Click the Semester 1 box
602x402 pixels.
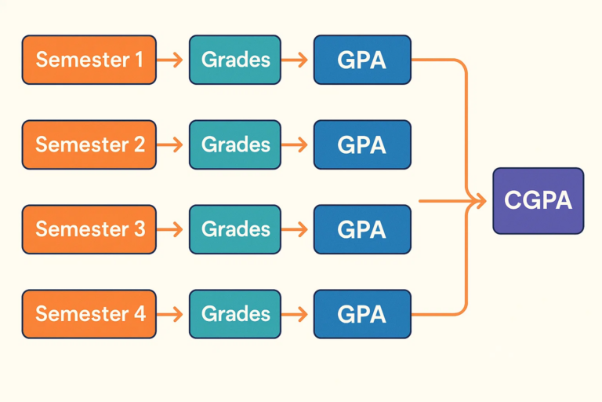(89, 60)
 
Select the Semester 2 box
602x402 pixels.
(89, 144)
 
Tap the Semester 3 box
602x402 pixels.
(89, 229)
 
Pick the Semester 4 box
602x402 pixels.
(89, 314)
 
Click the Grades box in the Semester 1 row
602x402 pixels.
(234, 60)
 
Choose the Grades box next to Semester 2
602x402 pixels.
(234, 144)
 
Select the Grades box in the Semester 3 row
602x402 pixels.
(234, 229)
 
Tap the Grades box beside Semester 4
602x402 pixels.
(234, 314)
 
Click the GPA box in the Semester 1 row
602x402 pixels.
(362, 60)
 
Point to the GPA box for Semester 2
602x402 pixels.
(362, 144)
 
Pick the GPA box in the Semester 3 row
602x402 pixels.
(362, 229)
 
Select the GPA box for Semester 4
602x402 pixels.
(362, 314)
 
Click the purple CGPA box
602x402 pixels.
(538, 201)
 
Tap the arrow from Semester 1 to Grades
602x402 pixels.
(171, 60)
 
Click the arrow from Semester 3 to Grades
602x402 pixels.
(171, 229)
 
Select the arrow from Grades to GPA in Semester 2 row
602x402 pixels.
(296, 144)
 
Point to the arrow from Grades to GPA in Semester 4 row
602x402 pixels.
(296, 314)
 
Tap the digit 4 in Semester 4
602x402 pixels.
(139, 314)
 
